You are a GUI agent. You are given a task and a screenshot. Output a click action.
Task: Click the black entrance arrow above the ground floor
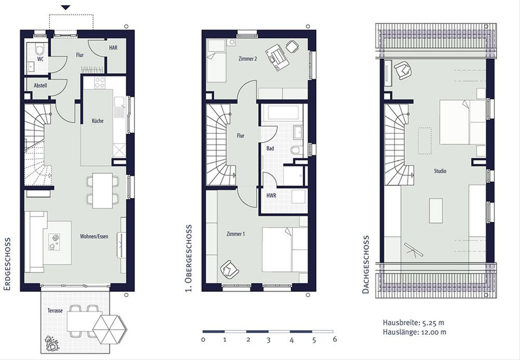[x=66, y=8]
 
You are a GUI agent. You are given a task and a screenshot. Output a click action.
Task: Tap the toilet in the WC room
[x=40, y=49]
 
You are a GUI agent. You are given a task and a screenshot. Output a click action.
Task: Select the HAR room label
[x=113, y=48]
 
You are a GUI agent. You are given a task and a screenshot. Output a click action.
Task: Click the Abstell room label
[x=40, y=85]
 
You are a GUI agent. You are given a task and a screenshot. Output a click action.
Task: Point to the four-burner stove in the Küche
[x=100, y=83]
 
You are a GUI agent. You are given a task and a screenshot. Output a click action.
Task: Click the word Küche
[x=97, y=121]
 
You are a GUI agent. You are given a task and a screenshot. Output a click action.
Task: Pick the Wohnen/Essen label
[x=94, y=236]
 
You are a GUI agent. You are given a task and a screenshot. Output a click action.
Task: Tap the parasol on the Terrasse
[x=110, y=329]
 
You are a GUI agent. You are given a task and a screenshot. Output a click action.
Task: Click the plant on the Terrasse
[x=52, y=343]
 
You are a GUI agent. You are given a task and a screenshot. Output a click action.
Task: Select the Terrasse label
[x=55, y=311]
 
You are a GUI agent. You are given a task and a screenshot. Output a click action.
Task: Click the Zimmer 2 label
[x=248, y=59]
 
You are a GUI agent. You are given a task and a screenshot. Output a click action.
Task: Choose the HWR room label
[x=271, y=196]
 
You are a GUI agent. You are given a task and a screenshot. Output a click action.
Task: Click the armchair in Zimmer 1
[x=229, y=269]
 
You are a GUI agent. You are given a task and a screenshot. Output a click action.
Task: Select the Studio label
[x=440, y=171]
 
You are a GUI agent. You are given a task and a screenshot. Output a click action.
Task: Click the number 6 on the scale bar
[x=335, y=339]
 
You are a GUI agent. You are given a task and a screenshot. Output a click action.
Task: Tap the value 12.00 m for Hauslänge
[x=434, y=332]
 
